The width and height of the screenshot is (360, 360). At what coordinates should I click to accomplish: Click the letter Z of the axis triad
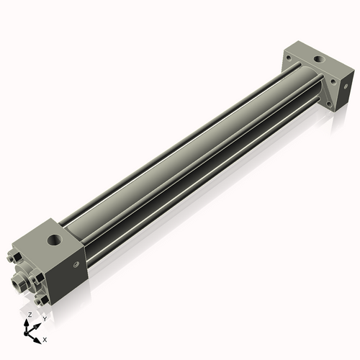tap(30, 315)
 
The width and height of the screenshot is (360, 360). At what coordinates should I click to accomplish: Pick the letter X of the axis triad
tap(45, 338)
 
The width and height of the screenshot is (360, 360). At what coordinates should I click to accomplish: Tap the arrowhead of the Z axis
tap(28, 322)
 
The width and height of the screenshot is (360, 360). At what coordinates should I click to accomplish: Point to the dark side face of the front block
tap(72, 274)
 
